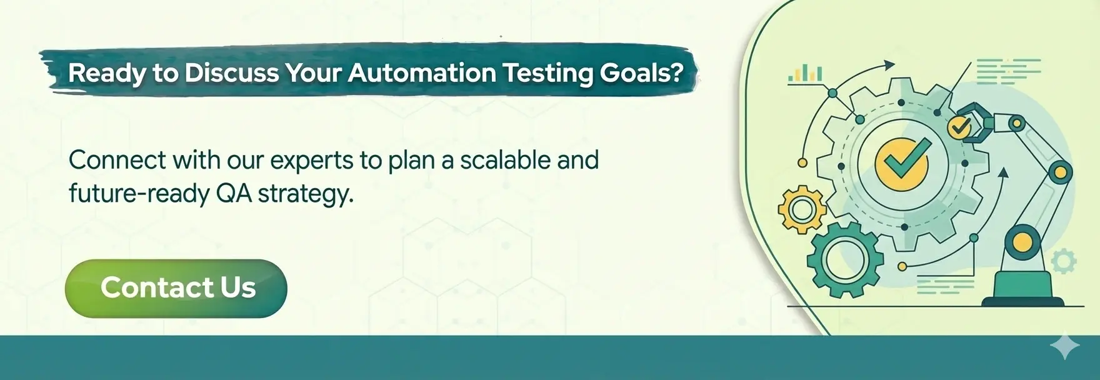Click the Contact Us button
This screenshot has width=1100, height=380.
tap(176, 288)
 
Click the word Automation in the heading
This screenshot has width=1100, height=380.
tap(422, 73)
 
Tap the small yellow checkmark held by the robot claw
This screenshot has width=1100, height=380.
tap(959, 127)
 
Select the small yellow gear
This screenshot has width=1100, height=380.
tap(802, 209)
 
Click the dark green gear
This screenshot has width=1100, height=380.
tap(846, 260)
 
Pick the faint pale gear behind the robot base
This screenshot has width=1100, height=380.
tap(1063, 262)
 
